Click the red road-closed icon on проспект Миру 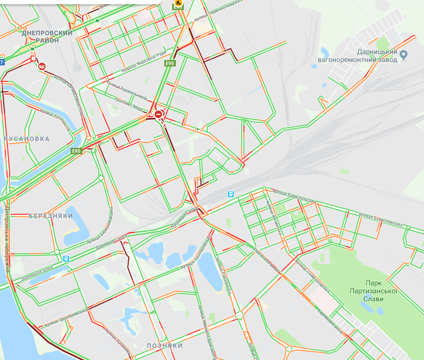click(159, 114)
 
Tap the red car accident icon click(41, 66)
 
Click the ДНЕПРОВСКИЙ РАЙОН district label click(48, 36)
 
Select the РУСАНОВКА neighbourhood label click(27, 139)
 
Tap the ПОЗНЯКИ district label click(165, 346)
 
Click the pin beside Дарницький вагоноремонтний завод click(403, 54)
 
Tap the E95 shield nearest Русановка click(78, 151)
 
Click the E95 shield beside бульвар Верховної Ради click(169, 64)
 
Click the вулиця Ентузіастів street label click(55, 113)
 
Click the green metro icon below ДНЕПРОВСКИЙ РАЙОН click(33, 47)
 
